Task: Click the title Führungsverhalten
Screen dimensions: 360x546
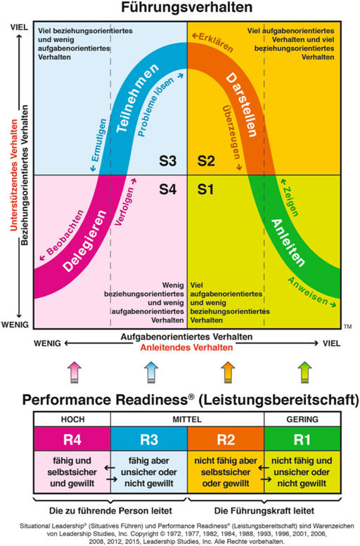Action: pyautogui.click(x=186, y=7)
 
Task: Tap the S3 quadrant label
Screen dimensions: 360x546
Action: pyautogui.click(x=168, y=161)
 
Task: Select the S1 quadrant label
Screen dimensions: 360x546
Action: pyautogui.click(x=205, y=189)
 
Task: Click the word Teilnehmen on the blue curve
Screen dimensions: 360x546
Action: pyautogui.click(x=137, y=98)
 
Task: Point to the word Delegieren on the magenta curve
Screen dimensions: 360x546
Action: pyautogui.click(x=84, y=241)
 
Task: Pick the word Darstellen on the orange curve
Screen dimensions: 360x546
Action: pyautogui.click(x=242, y=105)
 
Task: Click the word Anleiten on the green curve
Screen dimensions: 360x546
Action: pyautogui.click(x=288, y=242)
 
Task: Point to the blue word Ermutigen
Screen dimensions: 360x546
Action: pyautogui.click(x=98, y=145)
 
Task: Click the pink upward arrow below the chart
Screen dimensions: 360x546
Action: pyautogui.click(x=75, y=372)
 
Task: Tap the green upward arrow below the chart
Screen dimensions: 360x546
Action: pyautogui.click(x=304, y=372)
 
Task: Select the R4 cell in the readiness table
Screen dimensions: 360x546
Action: pyautogui.click(x=72, y=439)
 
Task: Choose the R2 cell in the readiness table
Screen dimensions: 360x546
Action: pyautogui.click(x=226, y=439)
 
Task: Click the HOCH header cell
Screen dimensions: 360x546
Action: pyautogui.click(x=72, y=420)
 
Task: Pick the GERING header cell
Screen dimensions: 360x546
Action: pyautogui.click(x=302, y=420)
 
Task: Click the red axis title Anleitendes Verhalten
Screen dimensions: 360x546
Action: pyautogui.click(x=186, y=348)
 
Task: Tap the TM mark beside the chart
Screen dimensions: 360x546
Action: pyautogui.click(x=347, y=326)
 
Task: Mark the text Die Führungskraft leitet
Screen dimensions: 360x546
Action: pyautogui.click(x=264, y=511)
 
